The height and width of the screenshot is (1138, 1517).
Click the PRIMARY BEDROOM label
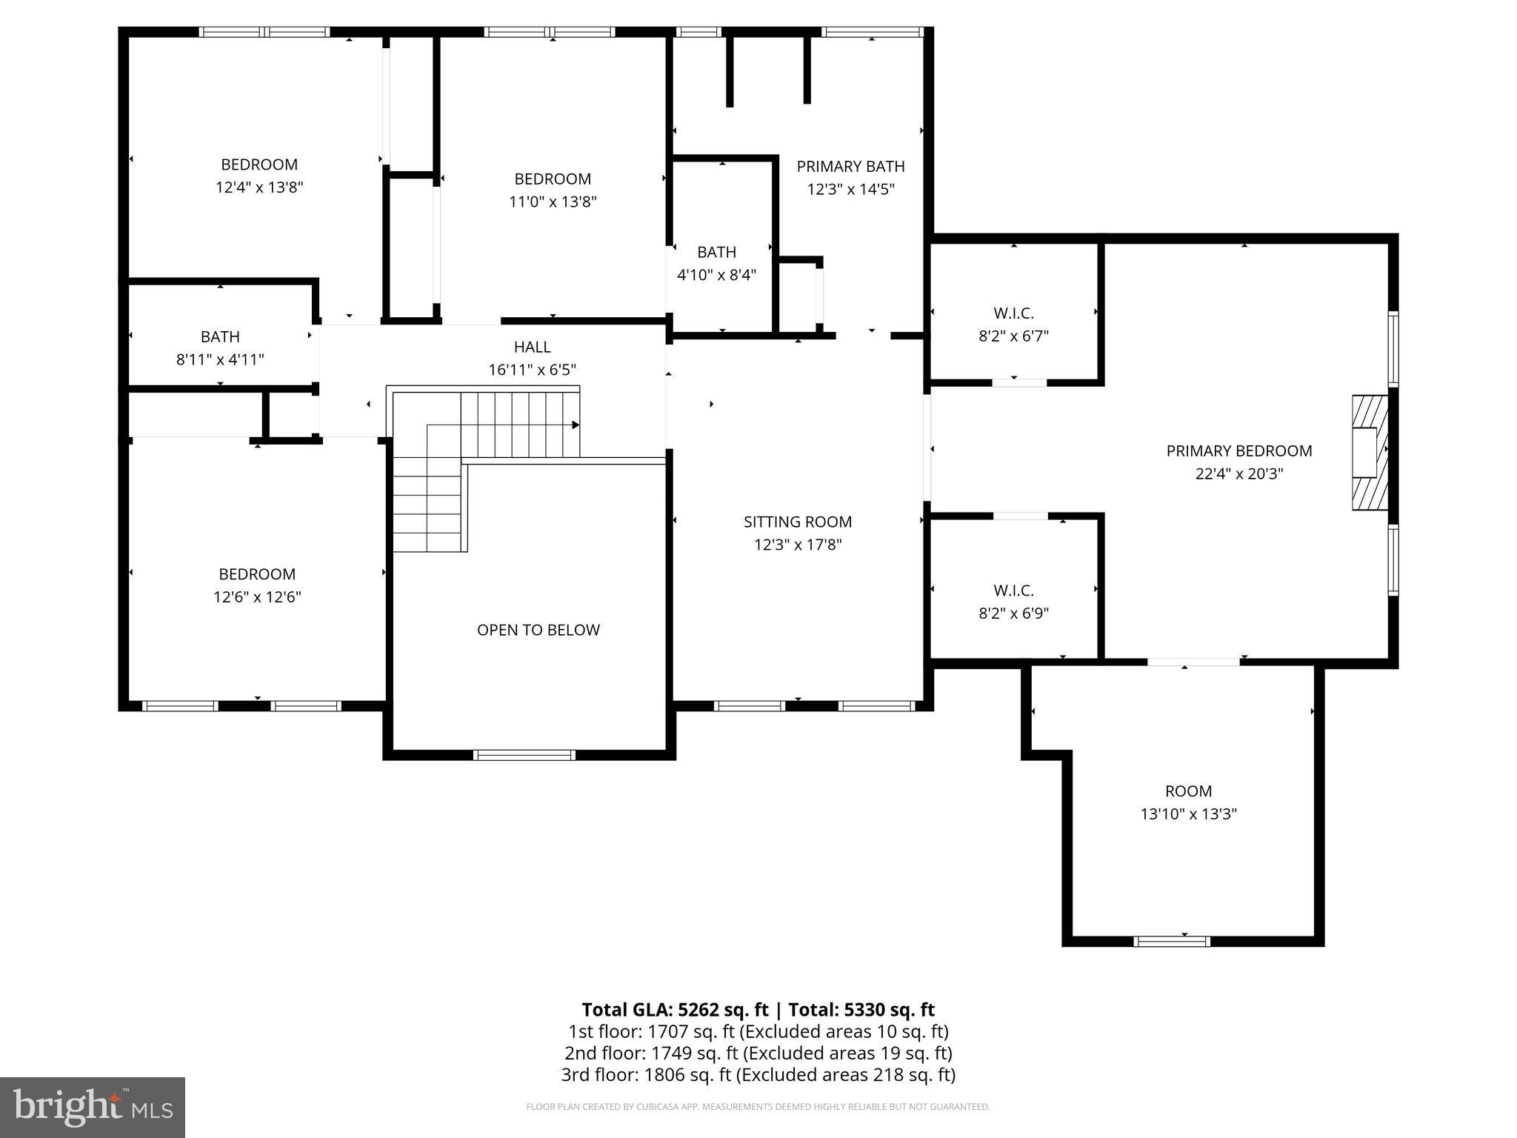[1238, 450]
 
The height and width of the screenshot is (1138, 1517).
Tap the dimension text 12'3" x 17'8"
[798, 545]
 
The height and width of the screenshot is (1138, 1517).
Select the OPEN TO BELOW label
[538, 630]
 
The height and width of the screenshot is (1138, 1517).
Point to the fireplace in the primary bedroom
[1370, 452]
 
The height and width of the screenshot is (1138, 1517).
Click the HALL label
[532, 347]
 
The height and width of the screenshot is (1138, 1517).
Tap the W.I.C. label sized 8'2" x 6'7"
[1013, 313]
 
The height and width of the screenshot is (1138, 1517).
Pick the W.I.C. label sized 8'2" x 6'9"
[1013, 590]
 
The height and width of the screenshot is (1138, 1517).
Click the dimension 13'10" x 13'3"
[1188, 813]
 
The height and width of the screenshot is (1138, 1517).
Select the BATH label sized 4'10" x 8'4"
[716, 252]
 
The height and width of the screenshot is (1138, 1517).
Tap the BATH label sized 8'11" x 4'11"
[220, 336]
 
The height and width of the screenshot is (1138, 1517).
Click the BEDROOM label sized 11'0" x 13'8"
[553, 179]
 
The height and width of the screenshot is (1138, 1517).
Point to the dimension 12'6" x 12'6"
[257, 596]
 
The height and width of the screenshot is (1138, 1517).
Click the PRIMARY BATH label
[850, 166]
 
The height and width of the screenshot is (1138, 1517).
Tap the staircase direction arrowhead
[575, 425]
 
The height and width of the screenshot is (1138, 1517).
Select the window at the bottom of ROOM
[1171, 941]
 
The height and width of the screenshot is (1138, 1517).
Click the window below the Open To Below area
[524, 755]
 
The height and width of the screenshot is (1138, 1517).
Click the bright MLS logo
[93, 1107]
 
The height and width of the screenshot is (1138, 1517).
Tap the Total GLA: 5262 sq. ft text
[675, 1009]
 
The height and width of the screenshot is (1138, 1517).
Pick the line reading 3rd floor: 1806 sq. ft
[758, 1074]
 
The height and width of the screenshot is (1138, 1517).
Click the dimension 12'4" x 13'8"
[259, 187]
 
